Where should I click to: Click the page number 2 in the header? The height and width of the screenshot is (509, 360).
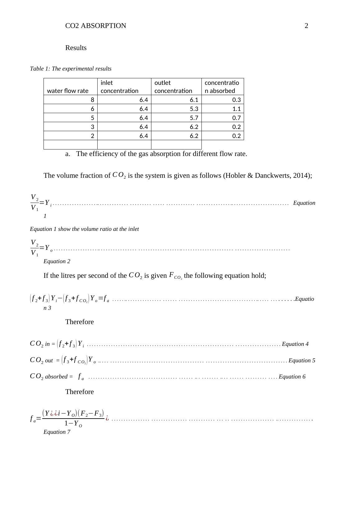click(306, 26)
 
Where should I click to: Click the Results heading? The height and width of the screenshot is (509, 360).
click(76, 48)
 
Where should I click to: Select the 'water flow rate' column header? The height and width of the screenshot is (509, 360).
click(68, 91)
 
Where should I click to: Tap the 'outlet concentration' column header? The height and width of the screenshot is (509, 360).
click(173, 87)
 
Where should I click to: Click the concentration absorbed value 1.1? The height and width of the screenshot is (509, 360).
click(237, 109)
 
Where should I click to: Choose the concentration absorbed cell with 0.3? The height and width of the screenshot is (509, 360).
click(237, 100)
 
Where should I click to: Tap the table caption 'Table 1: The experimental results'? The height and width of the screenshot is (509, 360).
click(71, 69)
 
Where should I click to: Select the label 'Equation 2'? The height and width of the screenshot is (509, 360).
click(57, 261)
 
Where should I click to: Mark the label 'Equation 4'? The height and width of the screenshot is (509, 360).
click(295, 344)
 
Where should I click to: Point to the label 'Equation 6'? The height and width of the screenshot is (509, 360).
click(292, 377)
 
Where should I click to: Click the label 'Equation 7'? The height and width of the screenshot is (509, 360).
click(57, 432)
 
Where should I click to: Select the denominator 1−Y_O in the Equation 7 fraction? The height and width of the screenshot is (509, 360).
click(73, 424)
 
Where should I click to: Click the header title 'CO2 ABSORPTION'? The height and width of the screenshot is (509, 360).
click(96, 26)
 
